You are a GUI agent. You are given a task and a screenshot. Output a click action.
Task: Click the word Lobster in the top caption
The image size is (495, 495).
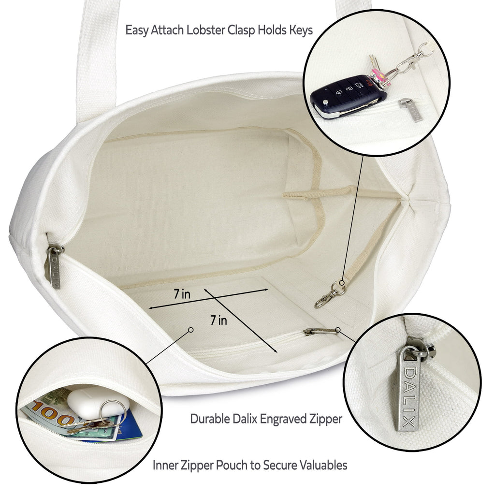click(x=206, y=30)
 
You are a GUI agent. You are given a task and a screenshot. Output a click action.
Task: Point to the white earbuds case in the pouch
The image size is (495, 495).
click(x=98, y=403)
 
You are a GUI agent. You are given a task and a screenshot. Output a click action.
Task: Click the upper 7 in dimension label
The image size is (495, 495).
click(x=182, y=294)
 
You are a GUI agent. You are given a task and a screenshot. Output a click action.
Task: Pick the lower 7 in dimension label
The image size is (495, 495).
click(x=219, y=320)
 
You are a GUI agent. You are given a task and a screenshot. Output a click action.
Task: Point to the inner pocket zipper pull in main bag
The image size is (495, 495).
click(x=320, y=331)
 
